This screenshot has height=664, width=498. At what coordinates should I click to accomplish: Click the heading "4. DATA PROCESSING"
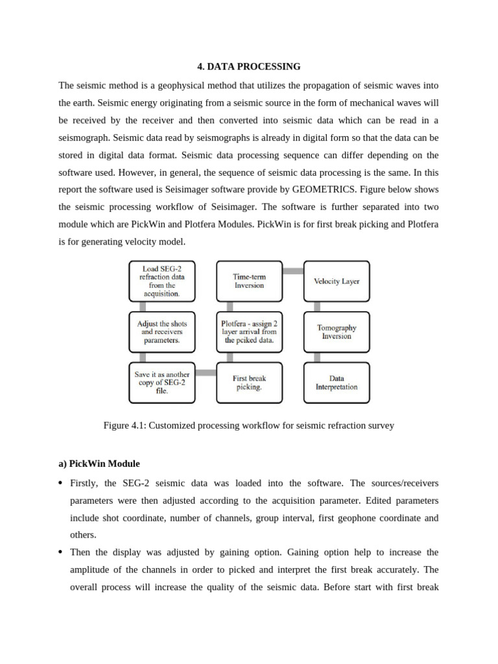[249, 66]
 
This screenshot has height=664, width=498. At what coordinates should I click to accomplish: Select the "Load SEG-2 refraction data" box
[161, 281]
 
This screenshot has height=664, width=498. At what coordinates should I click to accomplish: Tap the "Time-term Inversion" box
[249, 281]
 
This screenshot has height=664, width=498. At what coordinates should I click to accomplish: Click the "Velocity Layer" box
[337, 281]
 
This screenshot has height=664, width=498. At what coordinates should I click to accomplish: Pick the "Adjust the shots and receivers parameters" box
[161, 331]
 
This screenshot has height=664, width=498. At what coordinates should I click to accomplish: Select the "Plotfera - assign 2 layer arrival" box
[249, 331]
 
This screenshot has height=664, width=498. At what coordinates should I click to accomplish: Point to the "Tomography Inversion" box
[337, 331]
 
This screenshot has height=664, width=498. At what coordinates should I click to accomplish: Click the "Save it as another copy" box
[161, 383]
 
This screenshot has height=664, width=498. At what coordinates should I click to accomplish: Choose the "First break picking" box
[249, 383]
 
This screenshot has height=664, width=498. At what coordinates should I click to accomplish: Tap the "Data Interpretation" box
[337, 383]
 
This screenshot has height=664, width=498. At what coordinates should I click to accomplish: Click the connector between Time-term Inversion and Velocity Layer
[293, 271]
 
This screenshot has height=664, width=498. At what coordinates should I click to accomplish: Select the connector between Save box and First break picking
[206, 372]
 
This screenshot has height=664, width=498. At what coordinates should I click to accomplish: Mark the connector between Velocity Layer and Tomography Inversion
[317, 306]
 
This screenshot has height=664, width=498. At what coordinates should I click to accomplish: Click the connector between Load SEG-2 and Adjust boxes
[142, 306]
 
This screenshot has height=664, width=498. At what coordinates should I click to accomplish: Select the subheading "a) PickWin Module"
[99, 464]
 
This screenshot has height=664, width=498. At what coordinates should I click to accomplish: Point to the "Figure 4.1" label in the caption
[124, 426]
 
